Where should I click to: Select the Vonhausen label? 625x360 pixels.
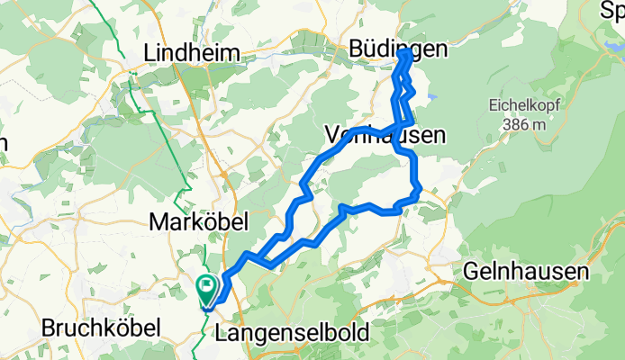pyautogui.click(x=385, y=136)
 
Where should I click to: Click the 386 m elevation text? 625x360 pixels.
pyautogui.click(x=524, y=124)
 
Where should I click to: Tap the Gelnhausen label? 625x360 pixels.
pyautogui.click(x=526, y=270)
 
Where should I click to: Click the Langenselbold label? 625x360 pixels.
pyautogui.click(x=293, y=333)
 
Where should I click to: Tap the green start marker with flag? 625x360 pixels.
pyautogui.click(x=206, y=289)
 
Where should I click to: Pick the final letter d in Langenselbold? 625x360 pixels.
pyautogui.click(x=362, y=333)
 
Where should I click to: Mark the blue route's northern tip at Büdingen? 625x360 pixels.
pyautogui.click(x=404, y=53)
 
